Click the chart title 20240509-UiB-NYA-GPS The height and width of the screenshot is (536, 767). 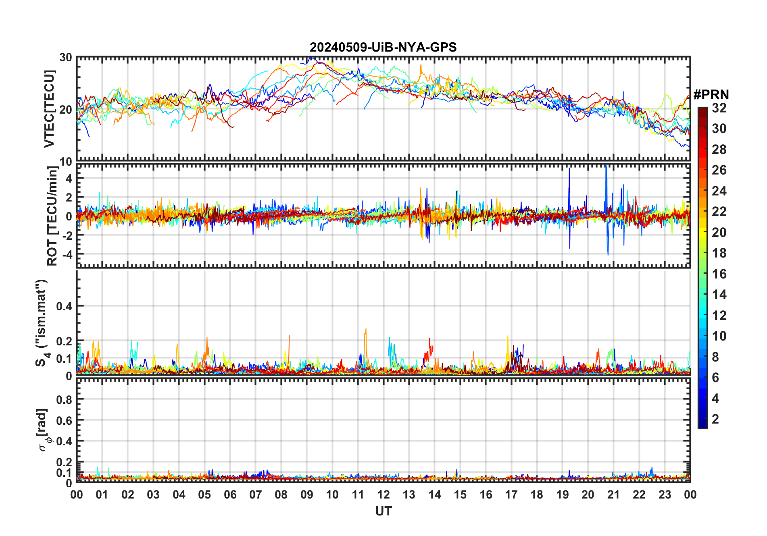pos(383,48)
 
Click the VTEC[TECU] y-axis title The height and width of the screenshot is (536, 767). pos(49,109)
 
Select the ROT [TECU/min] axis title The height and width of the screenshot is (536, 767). pos(52,216)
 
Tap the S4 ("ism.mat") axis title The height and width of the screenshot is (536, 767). pos(42,323)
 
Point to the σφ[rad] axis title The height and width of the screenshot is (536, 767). pos(44,430)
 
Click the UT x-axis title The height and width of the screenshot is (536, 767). pos(383,511)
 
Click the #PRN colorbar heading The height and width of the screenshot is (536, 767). pos(711,95)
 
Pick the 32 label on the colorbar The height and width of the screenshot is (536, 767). pos(719,108)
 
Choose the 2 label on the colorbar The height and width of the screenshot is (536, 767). pos(715,419)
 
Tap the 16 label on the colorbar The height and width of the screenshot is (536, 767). pos(719,274)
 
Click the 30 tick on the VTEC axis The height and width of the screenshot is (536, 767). pos(66,58)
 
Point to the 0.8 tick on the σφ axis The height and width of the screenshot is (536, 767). pos(64,399)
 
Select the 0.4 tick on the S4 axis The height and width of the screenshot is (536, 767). pos(64,306)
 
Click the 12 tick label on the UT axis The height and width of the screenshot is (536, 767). pos(383,495)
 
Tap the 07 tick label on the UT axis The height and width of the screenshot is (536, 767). pos(256,495)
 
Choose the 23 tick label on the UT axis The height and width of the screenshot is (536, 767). pos(665,495)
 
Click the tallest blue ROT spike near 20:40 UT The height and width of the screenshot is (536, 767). pos(606,165)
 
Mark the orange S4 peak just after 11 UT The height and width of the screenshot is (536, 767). pos(366,329)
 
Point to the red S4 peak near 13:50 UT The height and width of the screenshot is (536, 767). pos(429,339)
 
